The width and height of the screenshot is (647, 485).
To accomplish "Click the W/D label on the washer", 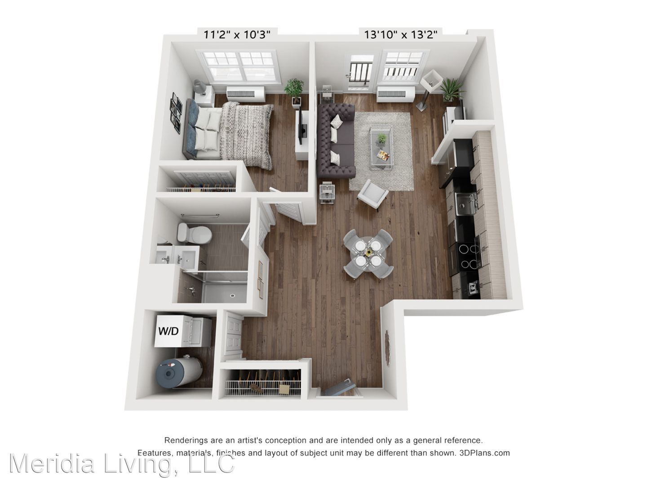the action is click(x=168, y=331).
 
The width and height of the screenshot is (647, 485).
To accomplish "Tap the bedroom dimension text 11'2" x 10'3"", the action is click(x=237, y=35).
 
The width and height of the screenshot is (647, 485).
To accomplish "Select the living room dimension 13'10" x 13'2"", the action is click(x=401, y=35).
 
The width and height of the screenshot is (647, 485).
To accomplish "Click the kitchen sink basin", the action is click(x=465, y=204).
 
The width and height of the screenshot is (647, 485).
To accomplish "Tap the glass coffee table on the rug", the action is click(x=381, y=147).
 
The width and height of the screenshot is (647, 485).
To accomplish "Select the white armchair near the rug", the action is click(x=373, y=194).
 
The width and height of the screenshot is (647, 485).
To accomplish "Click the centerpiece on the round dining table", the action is click(x=368, y=252).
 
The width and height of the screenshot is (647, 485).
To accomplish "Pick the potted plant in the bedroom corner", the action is click(x=294, y=91).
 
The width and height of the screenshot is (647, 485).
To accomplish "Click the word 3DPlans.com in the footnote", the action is click(x=484, y=453).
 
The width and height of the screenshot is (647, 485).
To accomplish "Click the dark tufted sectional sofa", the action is click(x=336, y=141).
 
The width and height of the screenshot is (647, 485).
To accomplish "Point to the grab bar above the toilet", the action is click(x=200, y=216).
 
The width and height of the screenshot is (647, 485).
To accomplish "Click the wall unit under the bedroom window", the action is click(x=245, y=93).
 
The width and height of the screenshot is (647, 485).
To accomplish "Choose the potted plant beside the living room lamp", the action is click(x=451, y=89).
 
